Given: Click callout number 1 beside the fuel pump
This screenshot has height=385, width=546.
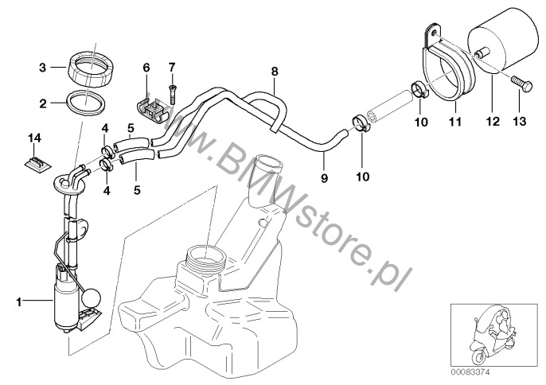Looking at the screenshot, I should [17, 301].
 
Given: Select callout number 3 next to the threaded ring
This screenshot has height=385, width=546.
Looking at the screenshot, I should [45, 68].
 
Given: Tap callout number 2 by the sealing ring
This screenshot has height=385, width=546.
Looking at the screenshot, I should [45, 102].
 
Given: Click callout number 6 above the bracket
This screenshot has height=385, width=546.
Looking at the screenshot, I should [146, 68].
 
